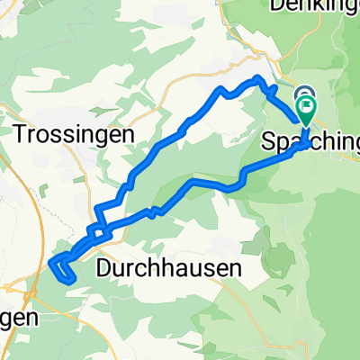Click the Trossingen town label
coord(74,134)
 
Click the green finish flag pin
coord(306,111)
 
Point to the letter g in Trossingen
coord(116,137)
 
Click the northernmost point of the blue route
coord(261,80)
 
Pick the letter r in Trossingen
coord(34,135)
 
